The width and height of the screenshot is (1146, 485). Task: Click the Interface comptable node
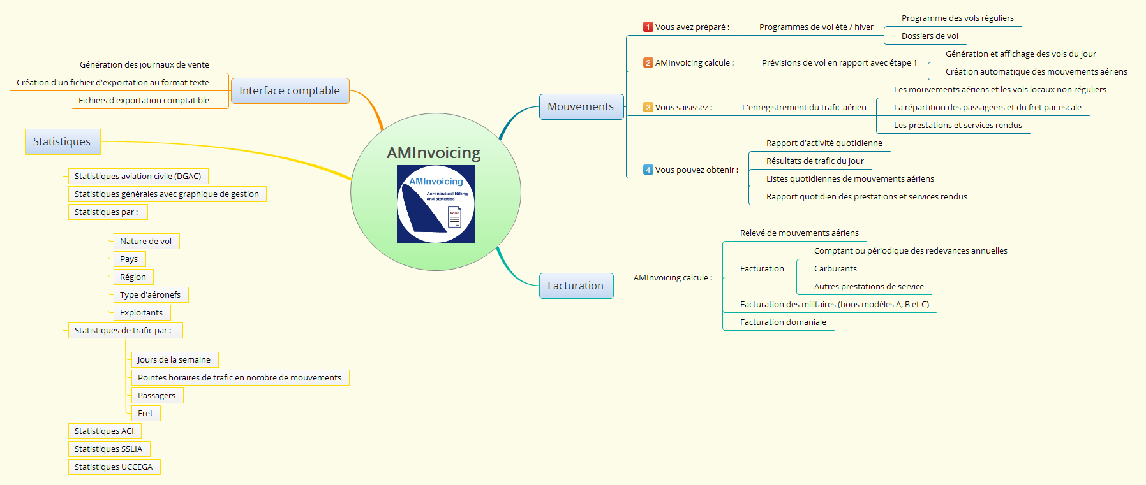tap(290, 90)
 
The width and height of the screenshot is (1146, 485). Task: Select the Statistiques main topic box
tap(62, 141)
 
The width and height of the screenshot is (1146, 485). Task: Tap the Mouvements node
tap(581, 106)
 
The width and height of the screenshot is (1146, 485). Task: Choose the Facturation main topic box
tap(576, 286)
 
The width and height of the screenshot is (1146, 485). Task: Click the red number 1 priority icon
tap(648, 27)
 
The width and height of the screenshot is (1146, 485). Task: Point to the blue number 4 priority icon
tap(648, 170)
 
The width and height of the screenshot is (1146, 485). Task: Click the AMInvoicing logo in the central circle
tap(436, 204)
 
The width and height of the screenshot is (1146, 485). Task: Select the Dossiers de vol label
tap(930, 36)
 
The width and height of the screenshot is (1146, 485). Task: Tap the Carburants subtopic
tap(835, 269)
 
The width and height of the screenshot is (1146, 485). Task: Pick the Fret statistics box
tap(145, 414)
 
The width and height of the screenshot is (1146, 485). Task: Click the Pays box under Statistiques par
tap(129, 259)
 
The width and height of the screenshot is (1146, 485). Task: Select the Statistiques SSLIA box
tap(108, 449)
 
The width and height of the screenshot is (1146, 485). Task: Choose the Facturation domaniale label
tap(783, 322)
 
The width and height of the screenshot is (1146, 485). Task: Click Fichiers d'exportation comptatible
tap(144, 101)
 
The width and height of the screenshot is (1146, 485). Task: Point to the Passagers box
tap(156, 396)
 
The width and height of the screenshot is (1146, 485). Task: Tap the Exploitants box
tap(141, 313)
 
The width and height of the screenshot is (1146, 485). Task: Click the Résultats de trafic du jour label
tap(815, 161)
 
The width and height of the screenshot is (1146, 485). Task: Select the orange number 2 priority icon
tap(648, 62)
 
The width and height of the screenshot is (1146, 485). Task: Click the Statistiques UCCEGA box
tap(114, 467)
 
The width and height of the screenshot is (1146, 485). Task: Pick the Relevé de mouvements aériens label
tap(799, 233)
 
